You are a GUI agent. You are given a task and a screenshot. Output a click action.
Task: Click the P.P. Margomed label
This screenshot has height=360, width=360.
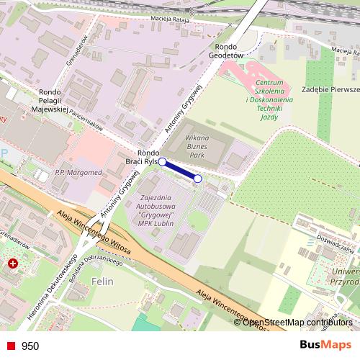point(75,174)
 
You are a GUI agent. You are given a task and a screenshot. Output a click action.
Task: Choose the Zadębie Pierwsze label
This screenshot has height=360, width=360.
point(331,89)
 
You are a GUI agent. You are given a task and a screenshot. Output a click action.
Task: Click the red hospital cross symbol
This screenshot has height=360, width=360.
point(13,265)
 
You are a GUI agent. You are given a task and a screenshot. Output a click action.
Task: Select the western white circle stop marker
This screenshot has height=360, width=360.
point(163,162)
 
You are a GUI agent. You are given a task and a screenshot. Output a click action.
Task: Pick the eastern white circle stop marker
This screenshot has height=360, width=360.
point(198,179)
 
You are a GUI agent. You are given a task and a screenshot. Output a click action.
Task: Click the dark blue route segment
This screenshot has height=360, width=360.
point(180,170)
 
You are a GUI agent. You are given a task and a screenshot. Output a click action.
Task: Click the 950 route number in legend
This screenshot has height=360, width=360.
point(30,346)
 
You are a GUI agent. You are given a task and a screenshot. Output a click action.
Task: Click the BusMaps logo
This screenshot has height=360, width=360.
point(326,345)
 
